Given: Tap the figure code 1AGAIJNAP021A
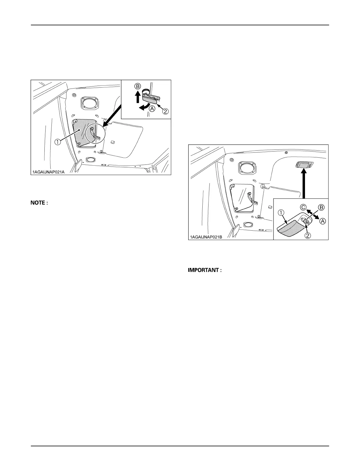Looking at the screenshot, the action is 49,172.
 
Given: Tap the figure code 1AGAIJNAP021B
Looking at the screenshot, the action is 206,237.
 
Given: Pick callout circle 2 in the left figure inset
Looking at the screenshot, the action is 166,111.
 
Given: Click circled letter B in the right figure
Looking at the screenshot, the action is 321,207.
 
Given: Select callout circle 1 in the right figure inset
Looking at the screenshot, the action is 281,212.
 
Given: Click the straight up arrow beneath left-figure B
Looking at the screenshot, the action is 137,97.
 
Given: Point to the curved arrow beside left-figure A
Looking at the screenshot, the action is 144,107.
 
